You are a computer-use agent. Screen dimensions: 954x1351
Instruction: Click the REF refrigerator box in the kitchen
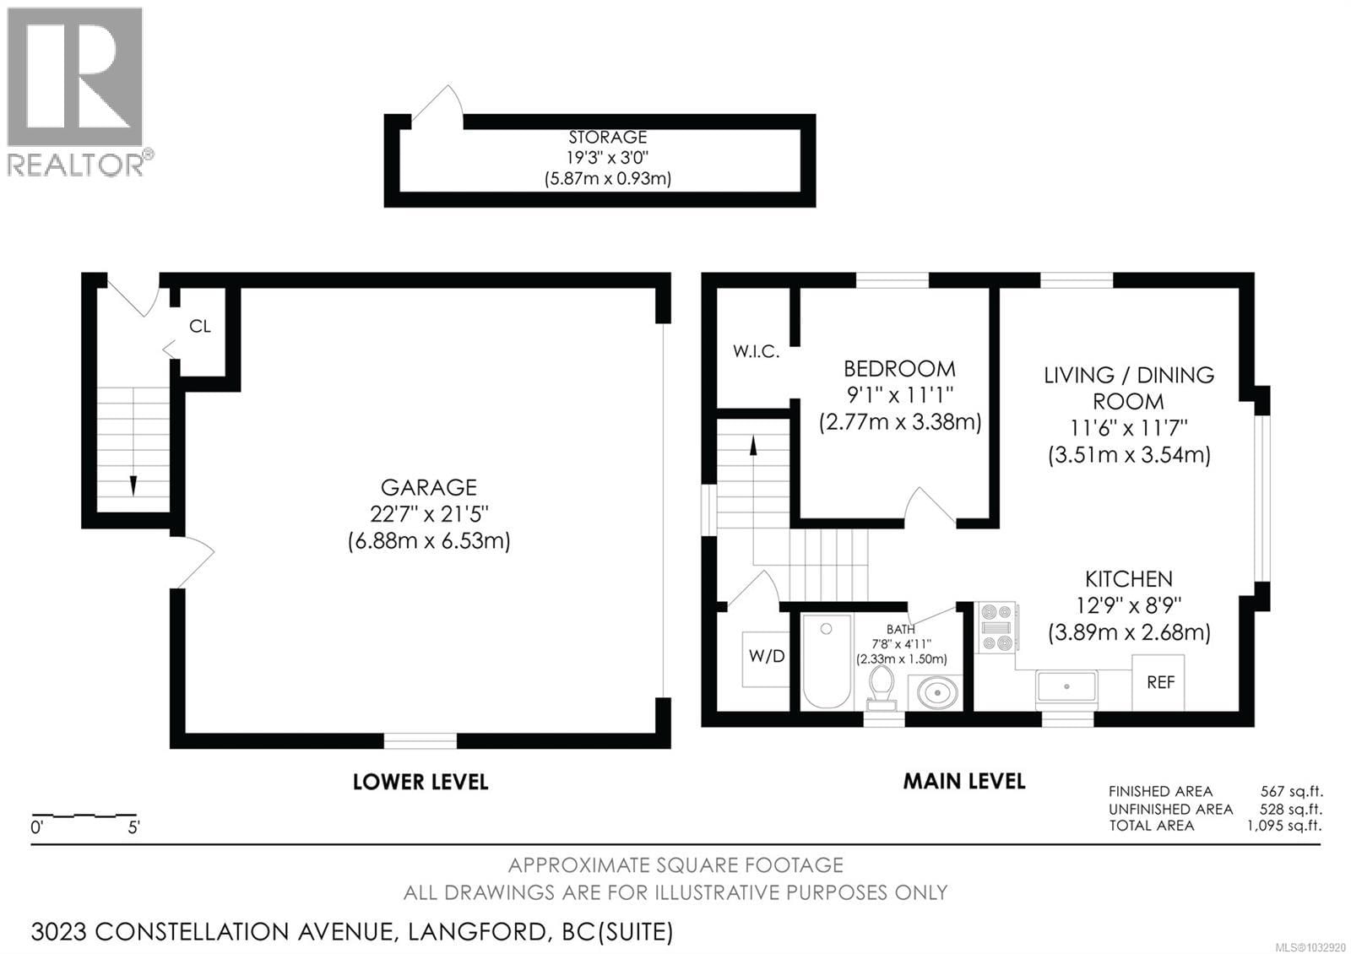point(1158,682)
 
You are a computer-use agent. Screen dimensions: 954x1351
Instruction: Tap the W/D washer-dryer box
point(767,657)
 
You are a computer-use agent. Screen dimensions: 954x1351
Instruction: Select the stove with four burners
point(996,627)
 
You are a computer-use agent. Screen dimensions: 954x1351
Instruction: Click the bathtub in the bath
point(827,661)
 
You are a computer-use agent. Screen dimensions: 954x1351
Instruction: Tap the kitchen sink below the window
point(1066,687)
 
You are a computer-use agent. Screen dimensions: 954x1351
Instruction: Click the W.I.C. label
point(756,352)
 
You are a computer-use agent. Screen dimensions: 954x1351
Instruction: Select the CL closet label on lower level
point(200,327)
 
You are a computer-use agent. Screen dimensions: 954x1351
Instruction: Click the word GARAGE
point(429,487)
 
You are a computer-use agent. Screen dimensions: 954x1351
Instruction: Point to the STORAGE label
point(607,137)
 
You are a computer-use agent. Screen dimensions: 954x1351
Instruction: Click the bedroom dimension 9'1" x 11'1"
point(899,394)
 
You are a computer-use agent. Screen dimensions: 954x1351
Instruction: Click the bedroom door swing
point(929,507)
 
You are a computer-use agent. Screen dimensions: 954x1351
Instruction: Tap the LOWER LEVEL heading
point(420,782)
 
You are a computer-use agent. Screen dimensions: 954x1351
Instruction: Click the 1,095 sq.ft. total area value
point(1284,826)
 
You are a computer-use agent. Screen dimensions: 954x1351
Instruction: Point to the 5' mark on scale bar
point(133,827)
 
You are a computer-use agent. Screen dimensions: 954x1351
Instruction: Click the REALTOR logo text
point(76,164)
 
